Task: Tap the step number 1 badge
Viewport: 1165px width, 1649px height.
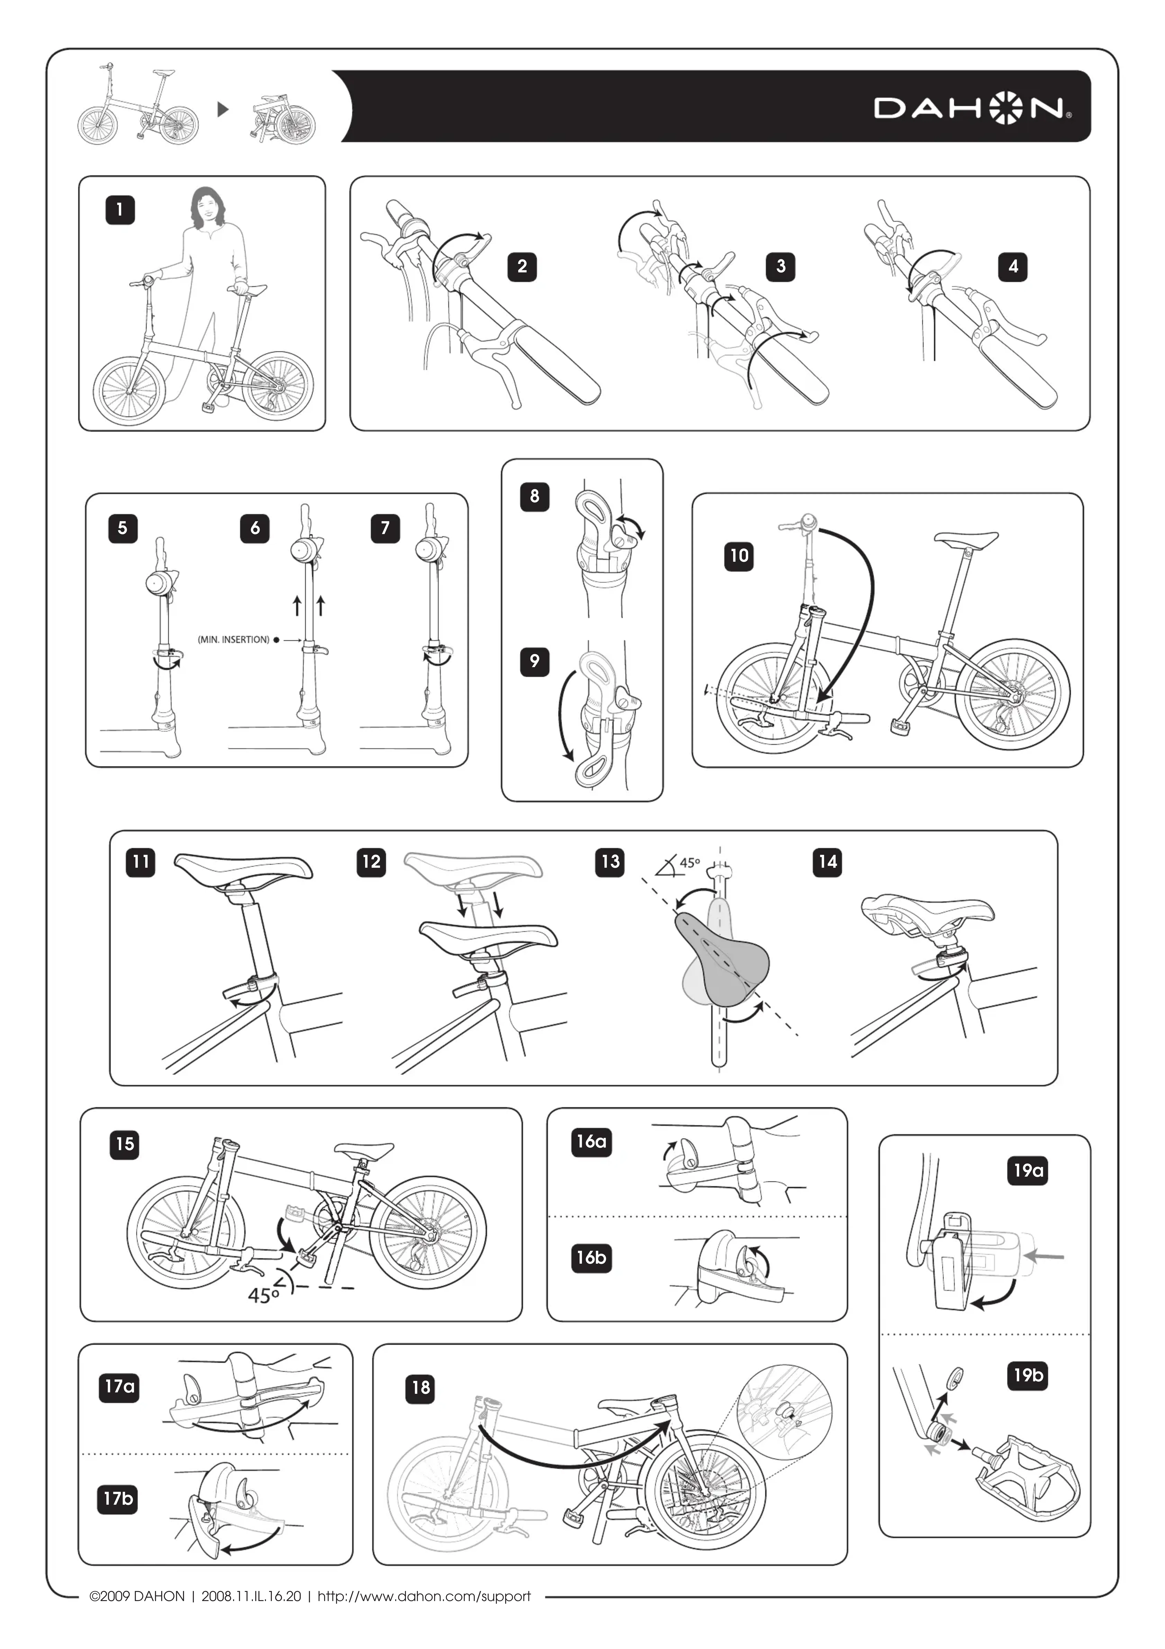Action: [120, 210]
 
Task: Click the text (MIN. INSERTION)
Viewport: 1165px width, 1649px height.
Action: [233, 639]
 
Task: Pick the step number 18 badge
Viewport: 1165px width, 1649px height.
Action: [421, 1387]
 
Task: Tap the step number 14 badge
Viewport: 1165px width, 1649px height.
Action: [828, 862]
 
